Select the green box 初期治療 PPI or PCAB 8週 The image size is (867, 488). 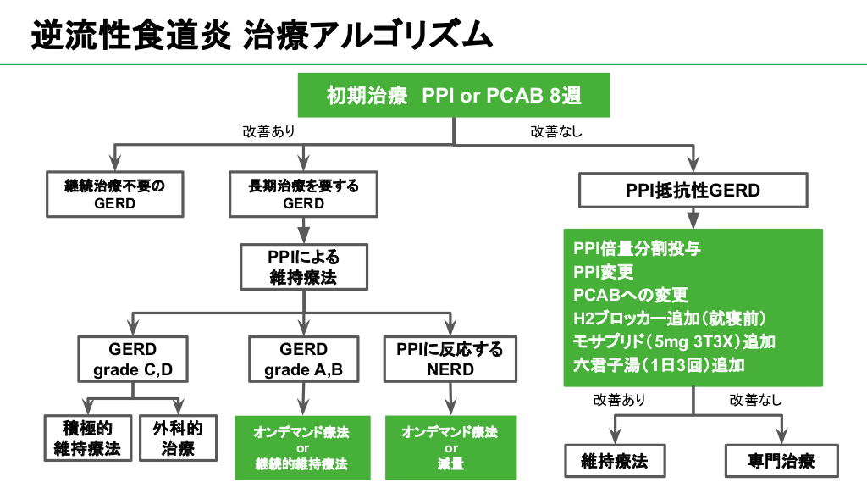454,96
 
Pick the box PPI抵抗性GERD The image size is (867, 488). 693,191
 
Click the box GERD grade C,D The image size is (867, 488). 133,359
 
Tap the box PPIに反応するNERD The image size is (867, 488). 450,359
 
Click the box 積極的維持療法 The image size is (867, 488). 87,438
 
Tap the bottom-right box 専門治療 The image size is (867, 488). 781,462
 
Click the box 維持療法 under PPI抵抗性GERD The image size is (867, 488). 614,462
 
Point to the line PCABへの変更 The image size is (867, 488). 631,295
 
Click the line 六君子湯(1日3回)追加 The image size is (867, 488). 659,365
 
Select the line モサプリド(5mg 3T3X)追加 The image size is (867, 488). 674,341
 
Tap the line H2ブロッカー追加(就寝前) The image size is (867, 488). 669,319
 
